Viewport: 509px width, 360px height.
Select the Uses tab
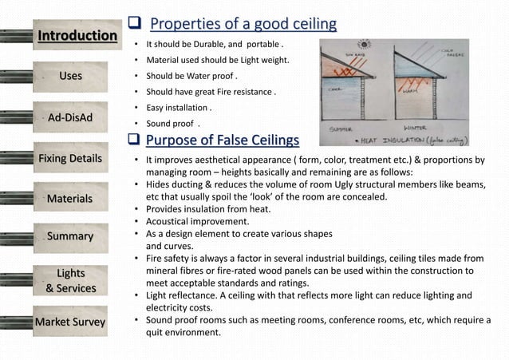[70, 76]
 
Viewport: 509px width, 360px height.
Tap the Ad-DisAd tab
[70, 117]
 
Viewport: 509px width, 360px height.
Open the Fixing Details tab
[70, 158]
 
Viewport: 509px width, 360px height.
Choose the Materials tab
[70, 197]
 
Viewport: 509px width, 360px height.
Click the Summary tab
[70, 236]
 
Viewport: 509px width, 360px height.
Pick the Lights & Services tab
[70, 280]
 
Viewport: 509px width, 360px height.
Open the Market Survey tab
[70, 322]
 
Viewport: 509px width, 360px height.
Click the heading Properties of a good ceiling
[243, 23]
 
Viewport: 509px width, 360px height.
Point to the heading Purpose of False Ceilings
[225, 141]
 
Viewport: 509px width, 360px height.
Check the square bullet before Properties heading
[134, 23]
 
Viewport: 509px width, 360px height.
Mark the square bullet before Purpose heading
[134, 141]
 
